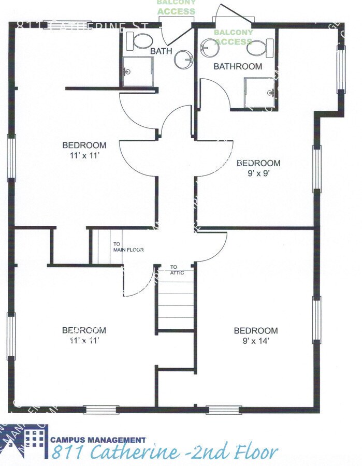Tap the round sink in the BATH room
(x=183, y=59)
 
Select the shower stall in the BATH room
(x=138, y=71)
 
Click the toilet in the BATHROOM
(x=257, y=48)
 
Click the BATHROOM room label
(x=238, y=66)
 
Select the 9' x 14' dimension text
(x=256, y=341)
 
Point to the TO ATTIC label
(x=177, y=270)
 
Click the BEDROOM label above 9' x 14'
(x=256, y=330)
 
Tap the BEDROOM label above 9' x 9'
(x=258, y=163)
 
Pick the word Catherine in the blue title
(x=136, y=452)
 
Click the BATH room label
(x=161, y=51)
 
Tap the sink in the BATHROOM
(x=210, y=48)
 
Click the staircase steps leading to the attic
(x=176, y=305)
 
